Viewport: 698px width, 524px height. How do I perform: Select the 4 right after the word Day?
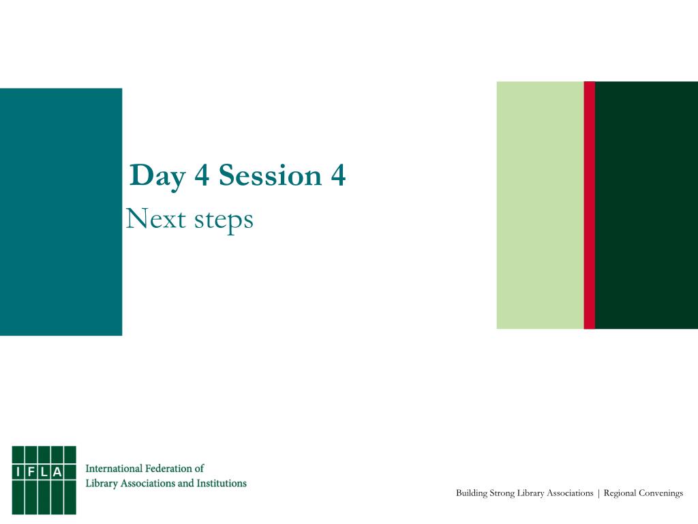click(202, 175)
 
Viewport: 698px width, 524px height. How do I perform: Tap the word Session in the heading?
click(270, 175)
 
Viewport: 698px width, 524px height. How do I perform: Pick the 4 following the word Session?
click(338, 175)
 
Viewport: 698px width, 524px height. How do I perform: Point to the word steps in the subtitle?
click(224, 221)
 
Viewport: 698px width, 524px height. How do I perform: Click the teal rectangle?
click(61, 212)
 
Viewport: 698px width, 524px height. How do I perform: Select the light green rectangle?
click(540, 205)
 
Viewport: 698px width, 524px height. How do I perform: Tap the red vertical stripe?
click(590, 205)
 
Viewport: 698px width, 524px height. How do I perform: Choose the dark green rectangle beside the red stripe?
click(646, 205)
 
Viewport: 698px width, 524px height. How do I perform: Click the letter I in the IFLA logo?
click(18, 472)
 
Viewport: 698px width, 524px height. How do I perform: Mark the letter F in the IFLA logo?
click(31, 472)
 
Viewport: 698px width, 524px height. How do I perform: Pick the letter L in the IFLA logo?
click(44, 472)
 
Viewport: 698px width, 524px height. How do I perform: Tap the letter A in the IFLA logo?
click(57, 472)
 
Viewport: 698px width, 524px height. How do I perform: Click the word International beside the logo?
click(114, 468)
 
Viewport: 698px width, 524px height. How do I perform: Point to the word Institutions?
click(222, 483)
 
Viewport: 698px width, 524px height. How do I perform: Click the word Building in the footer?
click(472, 494)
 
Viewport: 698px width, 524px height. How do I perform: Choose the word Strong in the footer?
click(502, 494)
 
